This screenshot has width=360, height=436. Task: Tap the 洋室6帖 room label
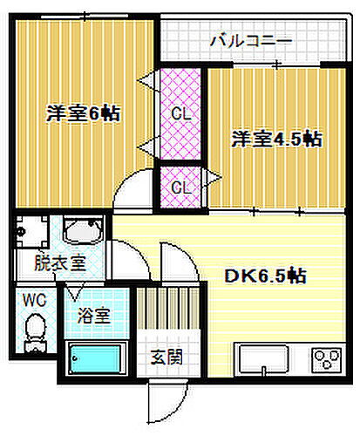(82, 112)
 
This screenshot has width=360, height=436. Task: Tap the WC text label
(33, 299)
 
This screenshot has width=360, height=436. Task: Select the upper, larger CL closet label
(181, 112)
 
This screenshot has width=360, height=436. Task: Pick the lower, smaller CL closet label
(181, 187)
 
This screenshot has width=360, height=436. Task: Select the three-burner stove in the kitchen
(329, 359)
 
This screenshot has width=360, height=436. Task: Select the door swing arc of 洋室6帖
(132, 190)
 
